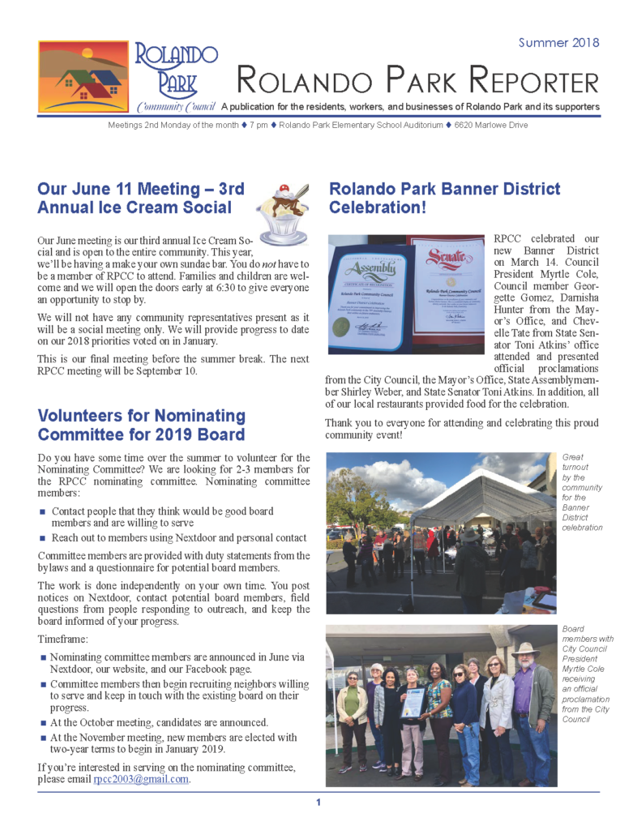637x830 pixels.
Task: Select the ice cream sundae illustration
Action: (x=283, y=212)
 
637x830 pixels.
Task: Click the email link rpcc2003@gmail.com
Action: (x=141, y=780)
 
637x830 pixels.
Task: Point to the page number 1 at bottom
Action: (x=318, y=802)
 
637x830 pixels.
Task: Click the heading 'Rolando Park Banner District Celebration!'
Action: (x=443, y=198)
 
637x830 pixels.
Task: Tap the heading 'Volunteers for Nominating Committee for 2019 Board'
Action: (x=142, y=426)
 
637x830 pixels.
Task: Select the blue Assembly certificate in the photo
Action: (x=369, y=297)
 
